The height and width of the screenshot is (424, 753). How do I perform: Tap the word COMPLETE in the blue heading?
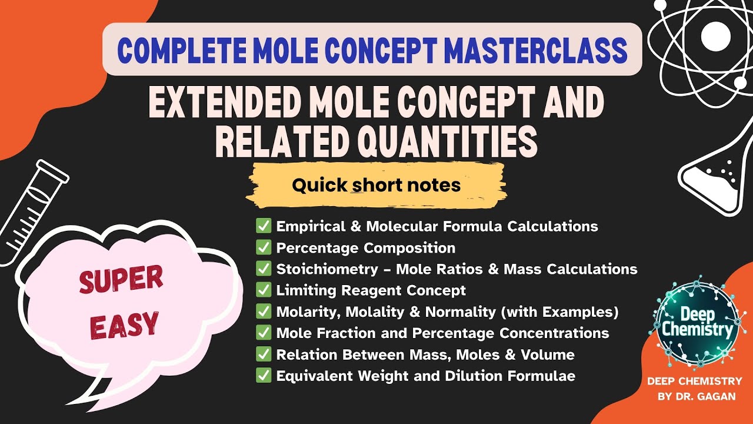click(172, 49)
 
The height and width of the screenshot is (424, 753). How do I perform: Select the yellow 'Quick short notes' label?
click(376, 185)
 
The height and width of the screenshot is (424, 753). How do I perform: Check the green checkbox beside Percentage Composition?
click(263, 248)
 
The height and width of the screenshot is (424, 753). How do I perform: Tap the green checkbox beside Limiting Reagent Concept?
click(263, 290)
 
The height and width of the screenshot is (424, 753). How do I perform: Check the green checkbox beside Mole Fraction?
click(263, 333)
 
